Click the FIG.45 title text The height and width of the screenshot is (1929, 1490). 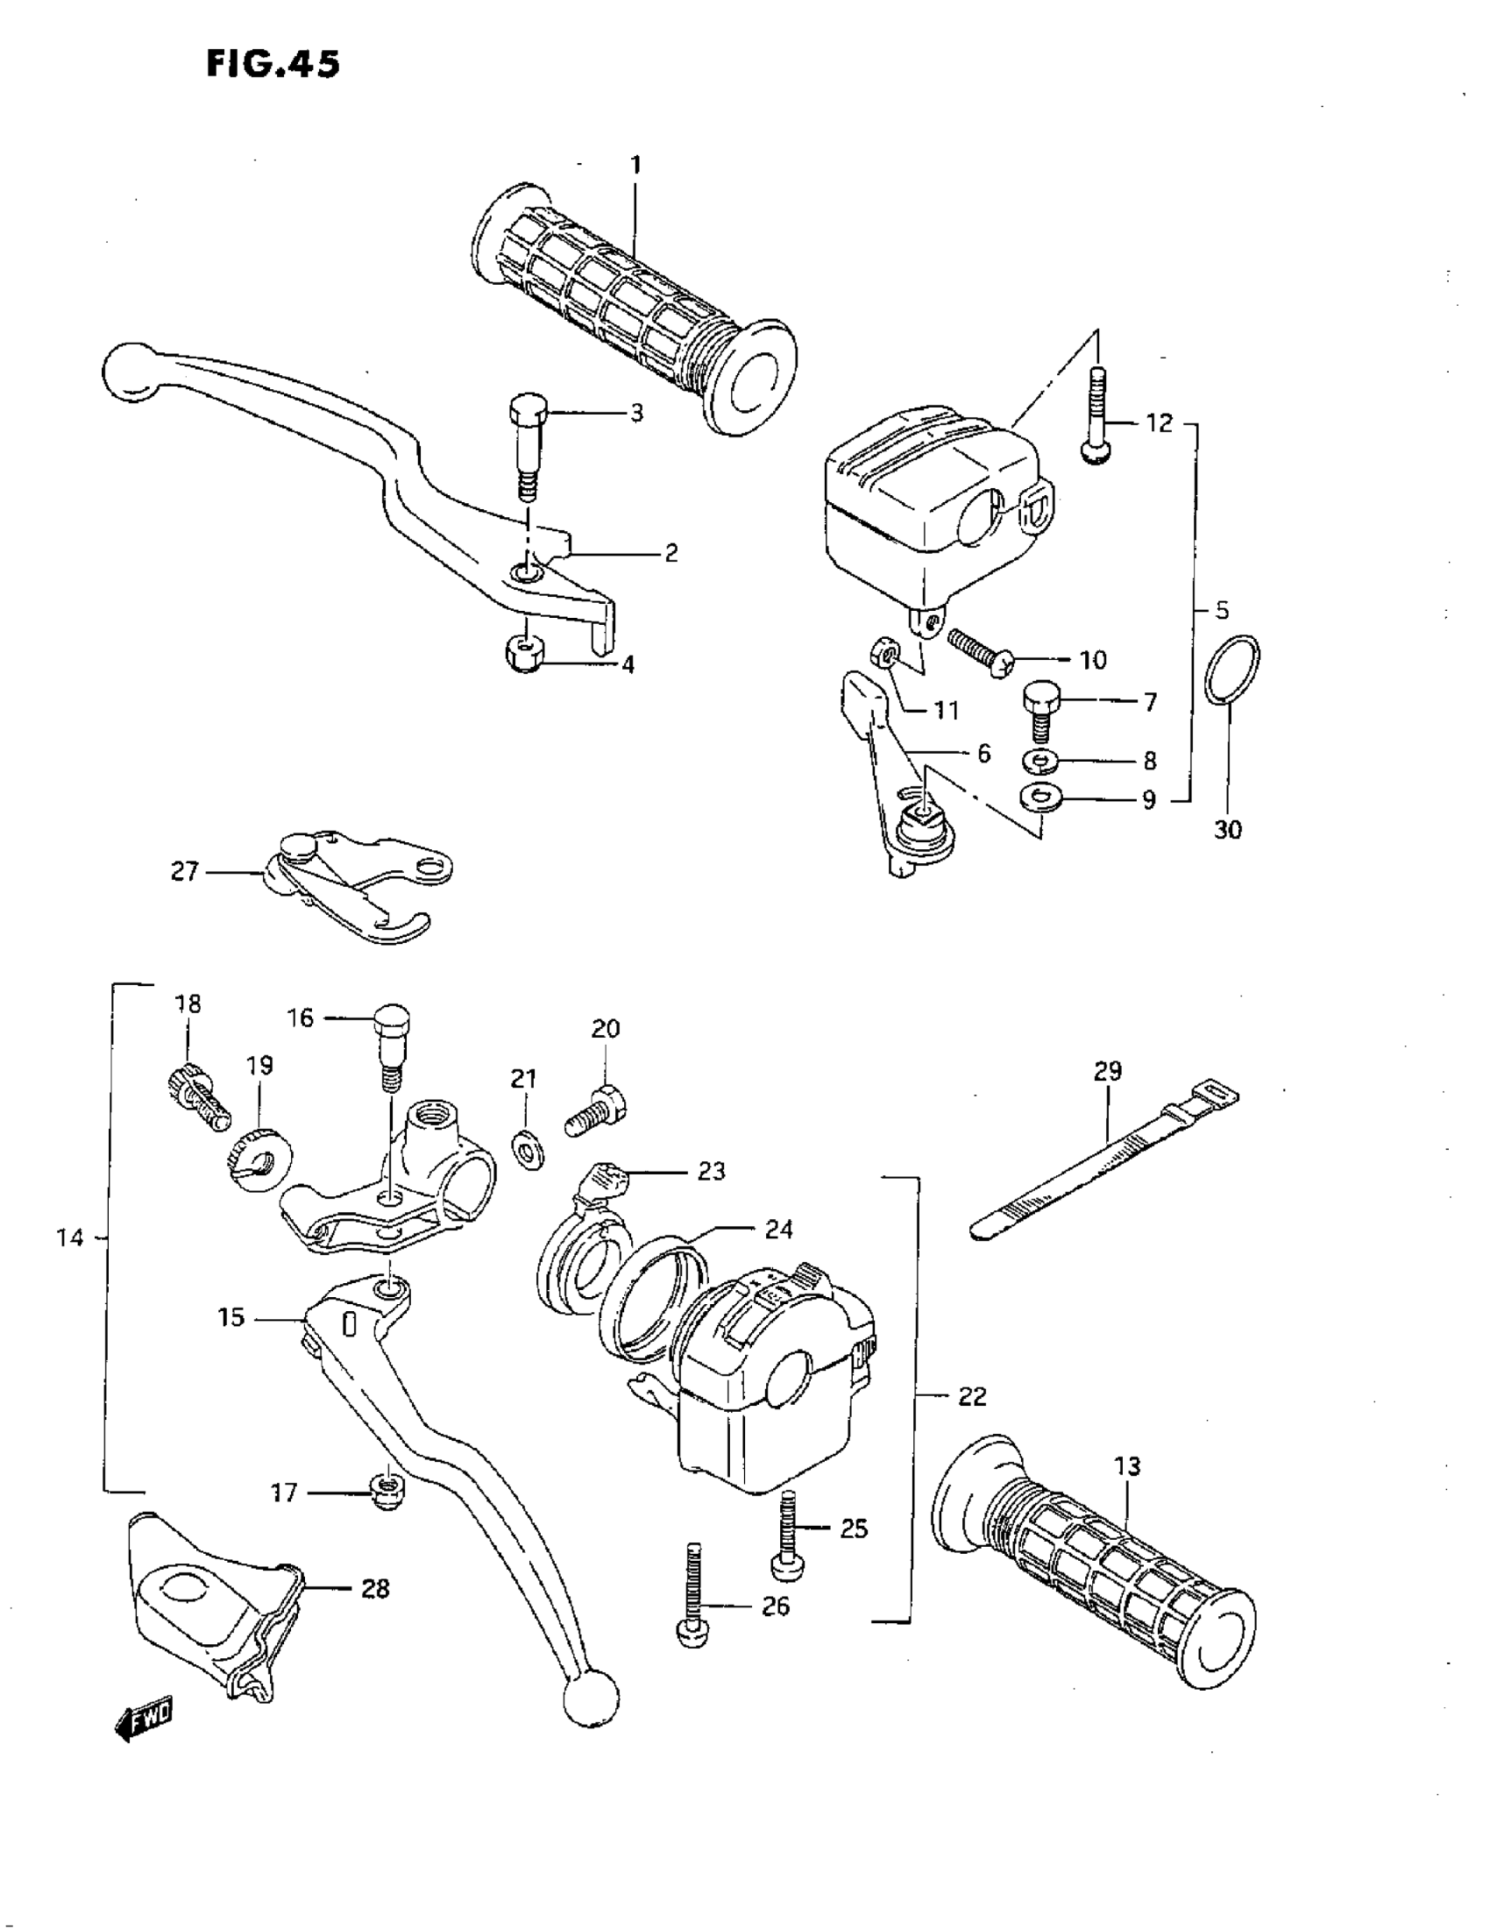tap(273, 64)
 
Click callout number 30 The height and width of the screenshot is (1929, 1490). tap(1228, 829)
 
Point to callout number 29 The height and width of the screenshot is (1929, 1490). tap(1108, 1070)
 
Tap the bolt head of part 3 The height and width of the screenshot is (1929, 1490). tap(529, 410)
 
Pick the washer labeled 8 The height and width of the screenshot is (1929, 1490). tap(1043, 760)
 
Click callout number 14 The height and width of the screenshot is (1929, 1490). tap(70, 1238)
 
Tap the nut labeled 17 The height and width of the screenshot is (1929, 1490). tap(386, 1492)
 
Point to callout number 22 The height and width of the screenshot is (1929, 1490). tap(972, 1396)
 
